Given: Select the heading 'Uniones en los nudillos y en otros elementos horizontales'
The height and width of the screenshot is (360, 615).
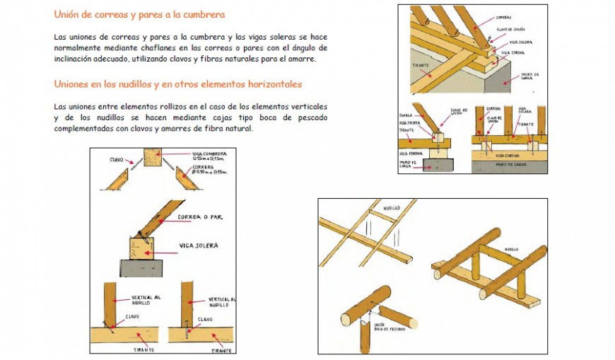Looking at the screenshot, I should point(177,84).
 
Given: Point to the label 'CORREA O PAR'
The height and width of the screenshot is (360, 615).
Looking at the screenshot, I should point(200,217).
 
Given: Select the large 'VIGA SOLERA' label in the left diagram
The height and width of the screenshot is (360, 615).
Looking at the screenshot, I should point(198,245).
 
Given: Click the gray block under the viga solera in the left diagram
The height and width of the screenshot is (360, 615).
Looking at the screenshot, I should point(141,268).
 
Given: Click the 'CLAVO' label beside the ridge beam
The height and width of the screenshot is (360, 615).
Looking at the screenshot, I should point(117,160).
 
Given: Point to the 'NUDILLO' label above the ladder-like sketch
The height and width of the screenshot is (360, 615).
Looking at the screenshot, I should point(392,209).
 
